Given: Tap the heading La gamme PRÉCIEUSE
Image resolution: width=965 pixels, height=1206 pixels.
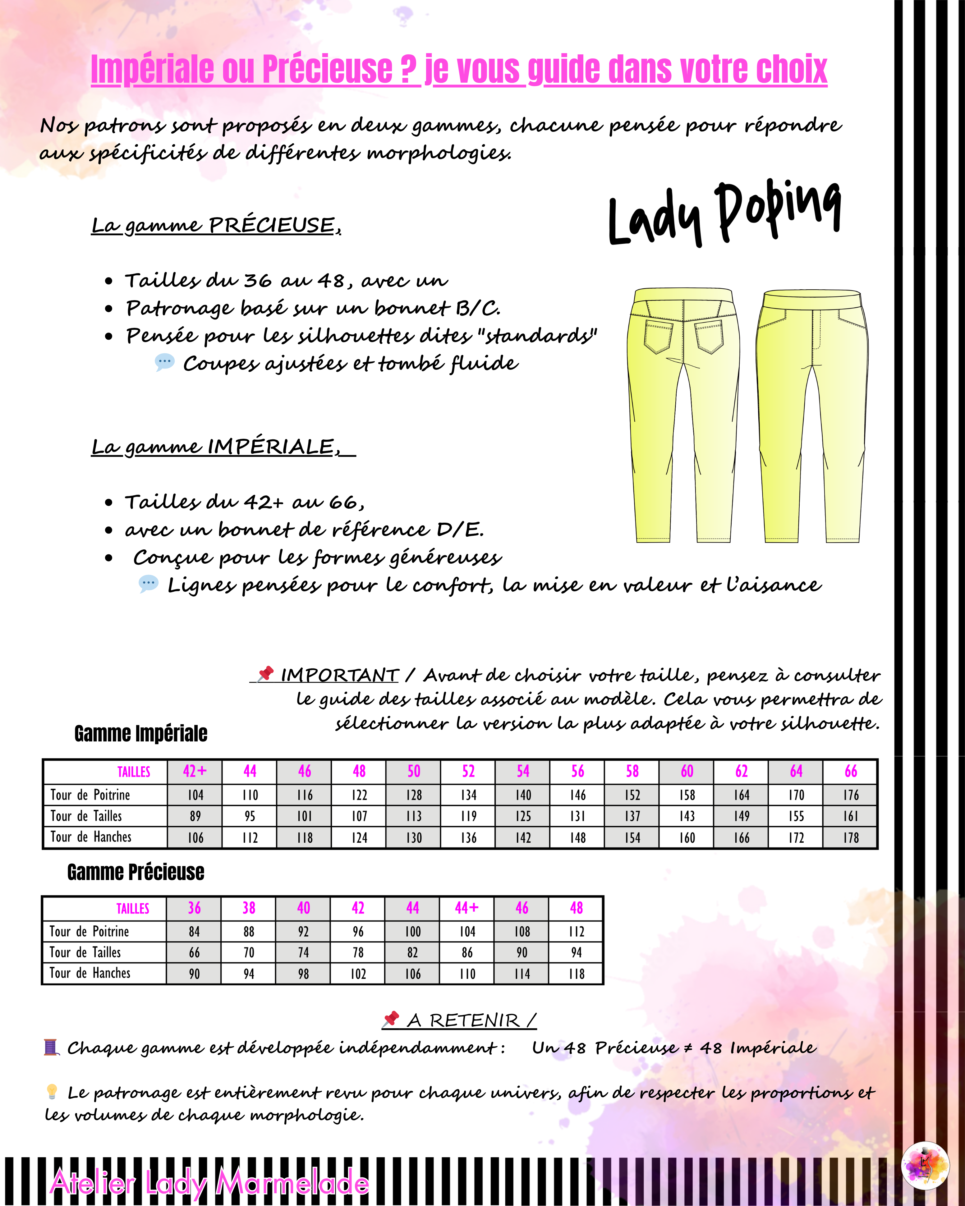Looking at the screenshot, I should pyautogui.click(x=216, y=225).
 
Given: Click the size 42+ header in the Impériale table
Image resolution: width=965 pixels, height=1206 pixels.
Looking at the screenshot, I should pyautogui.click(x=195, y=771).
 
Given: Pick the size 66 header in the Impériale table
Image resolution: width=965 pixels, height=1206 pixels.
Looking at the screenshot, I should pyautogui.click(x=850, y=771).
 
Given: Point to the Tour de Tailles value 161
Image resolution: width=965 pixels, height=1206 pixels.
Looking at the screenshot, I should pyautogui.click(x=850, y=816).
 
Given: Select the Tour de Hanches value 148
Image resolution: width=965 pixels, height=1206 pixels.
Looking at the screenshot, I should pyautogui.click(x=577, y=837).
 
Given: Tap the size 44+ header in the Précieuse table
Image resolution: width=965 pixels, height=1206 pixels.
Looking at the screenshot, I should pyautogui.click(x=467, y=908).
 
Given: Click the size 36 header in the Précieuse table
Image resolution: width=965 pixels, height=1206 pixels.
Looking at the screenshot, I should pyautogui.click(x=194, y=908).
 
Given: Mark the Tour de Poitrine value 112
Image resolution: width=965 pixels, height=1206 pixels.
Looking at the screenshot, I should pyautogui.click(x=576, y=931).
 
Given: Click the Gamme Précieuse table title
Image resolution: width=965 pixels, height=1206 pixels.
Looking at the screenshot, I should pyautogui.click(x=136, y=872).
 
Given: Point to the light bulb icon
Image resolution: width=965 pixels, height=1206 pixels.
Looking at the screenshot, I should pyautogui.click(x=52, y=1091).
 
